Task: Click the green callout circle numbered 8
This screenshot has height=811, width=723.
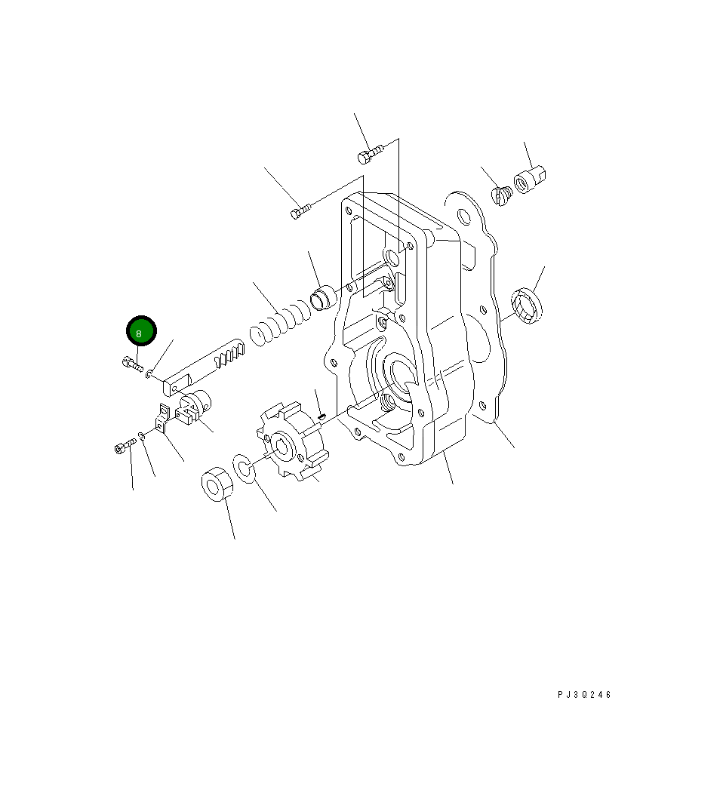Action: point(140,332)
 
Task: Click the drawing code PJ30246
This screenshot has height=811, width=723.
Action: point(584,695)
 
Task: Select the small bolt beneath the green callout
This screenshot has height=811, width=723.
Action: point(131,364)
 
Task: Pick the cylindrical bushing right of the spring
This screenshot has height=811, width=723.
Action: point(324,296)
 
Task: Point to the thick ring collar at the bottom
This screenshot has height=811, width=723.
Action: point(217,483)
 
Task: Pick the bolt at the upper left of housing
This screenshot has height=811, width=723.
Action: point(299,212)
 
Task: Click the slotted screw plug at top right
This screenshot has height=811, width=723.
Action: point(503,196)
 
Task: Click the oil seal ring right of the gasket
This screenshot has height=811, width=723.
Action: point(526,303)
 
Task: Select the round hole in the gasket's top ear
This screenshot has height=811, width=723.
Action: point(463,217)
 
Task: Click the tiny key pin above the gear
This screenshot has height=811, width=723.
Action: point(322,413)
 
